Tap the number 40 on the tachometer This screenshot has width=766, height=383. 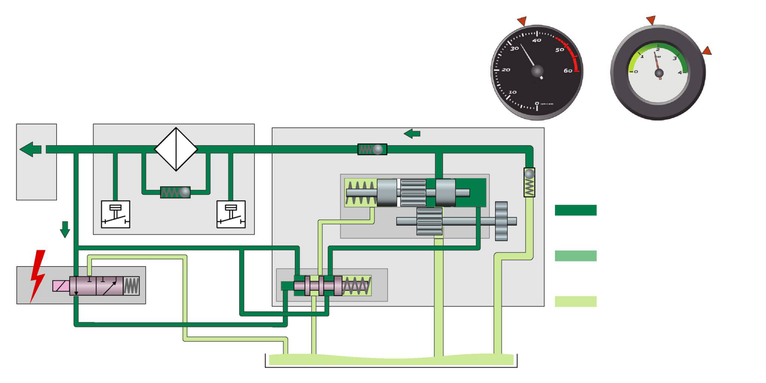click(537, 40)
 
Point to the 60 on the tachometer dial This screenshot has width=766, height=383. click(568, 71)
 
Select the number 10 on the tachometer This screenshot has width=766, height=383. click(512, 92)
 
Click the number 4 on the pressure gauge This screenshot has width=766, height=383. click(680, 71)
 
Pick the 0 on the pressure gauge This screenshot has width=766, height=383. click(635, 71)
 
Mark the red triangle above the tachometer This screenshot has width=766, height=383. click(522, 21)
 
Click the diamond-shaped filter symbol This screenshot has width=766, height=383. click(176, 149)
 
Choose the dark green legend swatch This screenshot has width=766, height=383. click(575, 210)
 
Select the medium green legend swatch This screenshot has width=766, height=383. click(575, 256)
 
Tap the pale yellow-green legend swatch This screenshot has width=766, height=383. click(575, 301)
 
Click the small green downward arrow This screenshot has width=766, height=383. click(65, 229)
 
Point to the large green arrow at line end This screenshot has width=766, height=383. click(31, 149)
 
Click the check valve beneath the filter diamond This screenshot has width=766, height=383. click(176, 192)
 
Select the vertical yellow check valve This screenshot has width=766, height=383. click(529, 182)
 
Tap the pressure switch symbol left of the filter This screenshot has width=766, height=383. click(116, 214)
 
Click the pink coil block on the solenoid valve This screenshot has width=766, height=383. click(61, 286)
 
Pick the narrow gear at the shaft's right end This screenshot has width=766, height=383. click(501, 221)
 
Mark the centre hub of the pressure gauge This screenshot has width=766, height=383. click(659, 73)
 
